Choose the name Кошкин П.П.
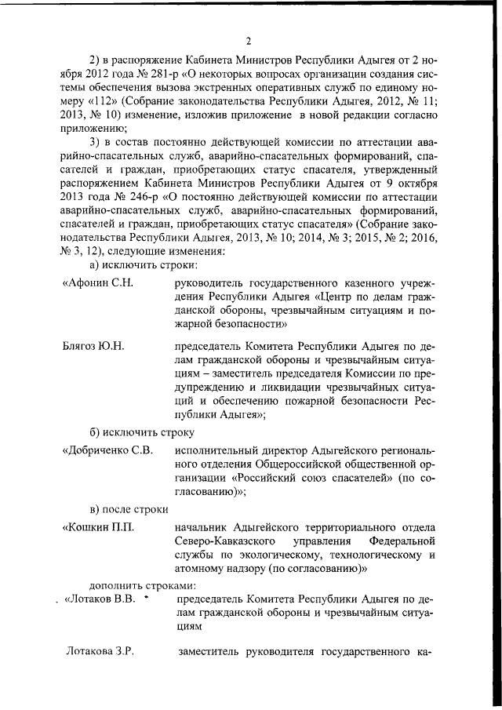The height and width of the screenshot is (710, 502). point(98,527)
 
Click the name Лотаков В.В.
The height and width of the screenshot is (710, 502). point(100,600)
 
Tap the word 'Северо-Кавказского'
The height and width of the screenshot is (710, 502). point(224,542)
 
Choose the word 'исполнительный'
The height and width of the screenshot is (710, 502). point(216,450)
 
